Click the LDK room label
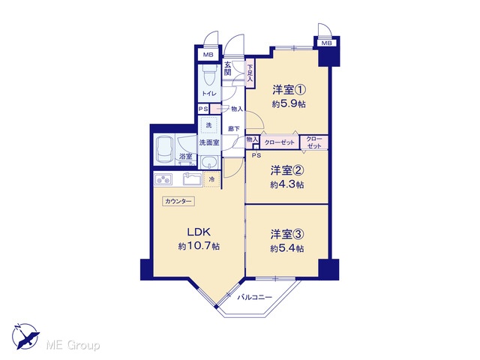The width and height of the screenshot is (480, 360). (x=199, y=232)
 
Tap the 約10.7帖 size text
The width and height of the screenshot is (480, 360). (x=199, y=246)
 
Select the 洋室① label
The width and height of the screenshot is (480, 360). (x=289, y=90)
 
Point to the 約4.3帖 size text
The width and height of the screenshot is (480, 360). (x=286, y=185)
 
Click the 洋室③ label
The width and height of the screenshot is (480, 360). (x=286, y=235)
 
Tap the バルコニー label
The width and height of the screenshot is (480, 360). (x=255, y=297)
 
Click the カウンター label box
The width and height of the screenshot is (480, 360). (x=178, y=201)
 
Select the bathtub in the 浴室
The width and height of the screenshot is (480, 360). (x=164, y=149)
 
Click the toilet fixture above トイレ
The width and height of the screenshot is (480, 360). (x=210, y=76)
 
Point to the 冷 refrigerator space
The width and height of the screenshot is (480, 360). (x=211, y=180)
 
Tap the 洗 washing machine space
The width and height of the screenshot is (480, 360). (x=208, y=125)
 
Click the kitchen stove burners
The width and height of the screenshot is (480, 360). (x=163, y=179)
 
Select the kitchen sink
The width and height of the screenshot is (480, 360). (x=192, y=178)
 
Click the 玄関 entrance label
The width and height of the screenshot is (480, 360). (x=227, y=68)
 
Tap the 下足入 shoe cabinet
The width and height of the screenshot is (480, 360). (x=250, y=73)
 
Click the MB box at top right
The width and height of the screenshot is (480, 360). (x=327, y=43)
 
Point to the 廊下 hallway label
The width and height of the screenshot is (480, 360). (x=234, y=129)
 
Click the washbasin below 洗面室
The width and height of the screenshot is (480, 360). (x=209, y=161)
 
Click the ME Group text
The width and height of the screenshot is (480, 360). (x=73, y=345)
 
